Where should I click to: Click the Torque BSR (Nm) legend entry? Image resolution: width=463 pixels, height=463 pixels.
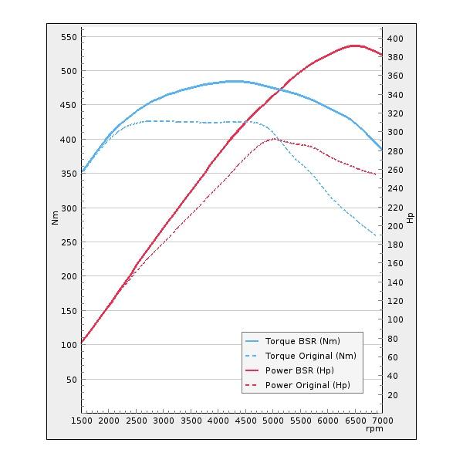[302, 341]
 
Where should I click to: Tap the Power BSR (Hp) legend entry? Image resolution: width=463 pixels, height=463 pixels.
[299, 370]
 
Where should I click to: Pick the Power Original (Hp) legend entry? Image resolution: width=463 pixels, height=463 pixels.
[307, 385]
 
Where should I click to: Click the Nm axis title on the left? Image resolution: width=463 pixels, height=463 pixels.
[55, 218]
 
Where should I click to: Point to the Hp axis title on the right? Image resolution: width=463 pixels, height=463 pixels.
[411, 218]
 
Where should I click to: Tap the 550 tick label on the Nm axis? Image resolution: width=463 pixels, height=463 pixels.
[68, 37]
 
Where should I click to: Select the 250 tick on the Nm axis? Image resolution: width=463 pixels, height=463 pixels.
[68, 242]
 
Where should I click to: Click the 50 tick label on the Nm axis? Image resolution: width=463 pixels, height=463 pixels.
[70, 380]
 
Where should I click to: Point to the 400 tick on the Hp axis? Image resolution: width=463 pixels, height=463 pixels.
[395, 39]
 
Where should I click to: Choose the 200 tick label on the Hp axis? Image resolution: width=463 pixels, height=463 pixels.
[395, 226]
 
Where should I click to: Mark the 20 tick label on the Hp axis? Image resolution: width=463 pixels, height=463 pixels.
[393, 395]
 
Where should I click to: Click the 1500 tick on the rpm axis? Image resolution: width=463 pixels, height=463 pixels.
[82, 421]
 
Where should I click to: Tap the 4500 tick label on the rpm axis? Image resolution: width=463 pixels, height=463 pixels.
[246, 421]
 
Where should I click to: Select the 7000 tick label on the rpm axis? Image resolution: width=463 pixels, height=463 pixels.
[382, 421]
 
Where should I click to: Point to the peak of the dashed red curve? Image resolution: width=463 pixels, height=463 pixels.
[274, 139]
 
